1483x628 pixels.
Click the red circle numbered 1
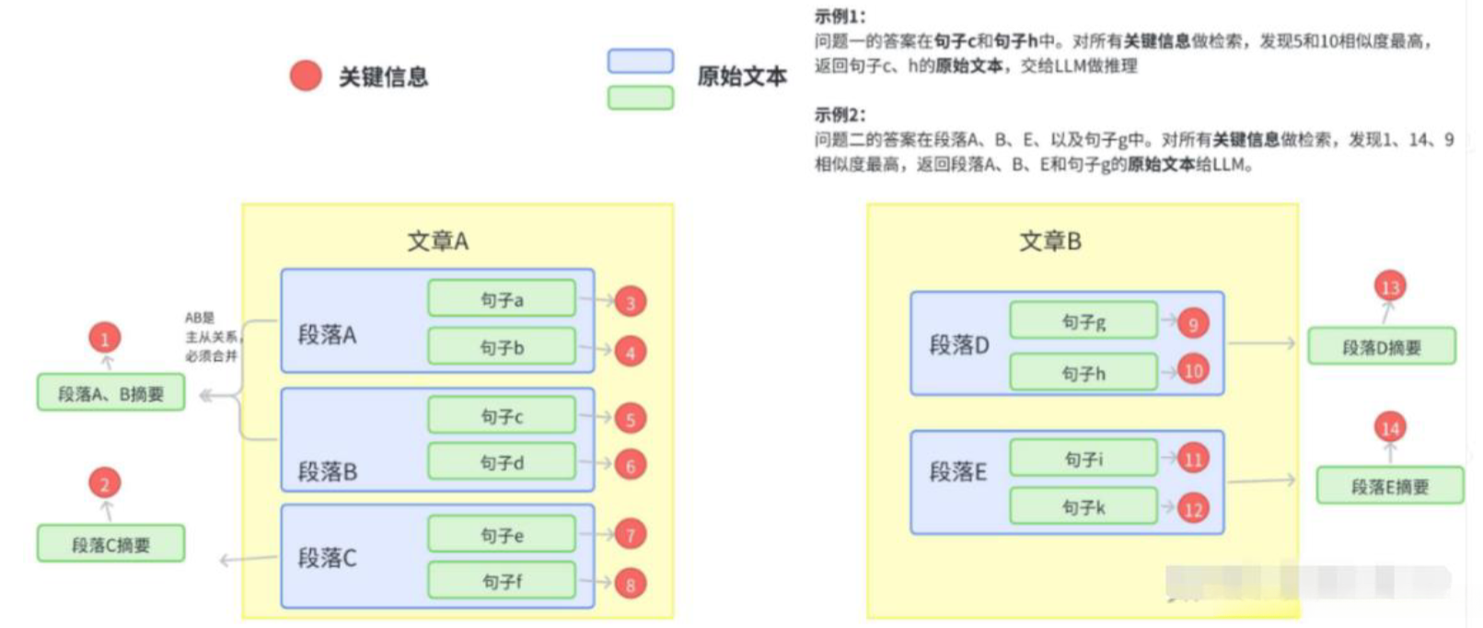click(104, 338)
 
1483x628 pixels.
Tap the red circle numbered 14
click(1390, 427)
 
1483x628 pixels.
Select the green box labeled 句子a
click(502, 299)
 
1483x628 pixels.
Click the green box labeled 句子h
click(1083, 373)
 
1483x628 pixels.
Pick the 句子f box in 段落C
click(502, 581)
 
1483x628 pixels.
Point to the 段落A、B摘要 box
click(110, 393)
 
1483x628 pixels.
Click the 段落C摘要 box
click(110, 544)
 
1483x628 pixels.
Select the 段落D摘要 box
click(1381, 347)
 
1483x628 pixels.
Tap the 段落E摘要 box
click(1389, 486)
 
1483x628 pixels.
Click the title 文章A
click(438, 241)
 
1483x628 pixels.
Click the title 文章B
click(1050, 241)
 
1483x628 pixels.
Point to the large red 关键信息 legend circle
click(306, 76)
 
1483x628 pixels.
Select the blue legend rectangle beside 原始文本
click(641, 61)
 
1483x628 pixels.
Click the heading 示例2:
click(840, 115)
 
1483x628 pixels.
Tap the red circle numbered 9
click(1193, 323)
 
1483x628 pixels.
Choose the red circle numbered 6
click(631, 465)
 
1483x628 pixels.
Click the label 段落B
click(327, 471)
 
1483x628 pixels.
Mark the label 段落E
click(957, 471)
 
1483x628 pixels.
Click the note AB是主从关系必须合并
click(211, 336)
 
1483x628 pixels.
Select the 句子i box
click(1083, 458)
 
